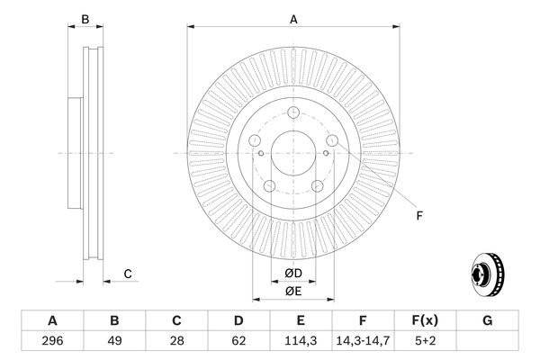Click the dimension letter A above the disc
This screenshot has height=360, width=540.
[293, 18]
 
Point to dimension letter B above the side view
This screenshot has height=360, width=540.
[85, 18]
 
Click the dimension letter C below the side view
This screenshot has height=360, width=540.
[128, 274]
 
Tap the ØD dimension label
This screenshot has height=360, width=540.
[293, 273]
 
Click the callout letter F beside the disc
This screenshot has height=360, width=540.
[418, 215]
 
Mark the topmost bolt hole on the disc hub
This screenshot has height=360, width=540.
[293, 111]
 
